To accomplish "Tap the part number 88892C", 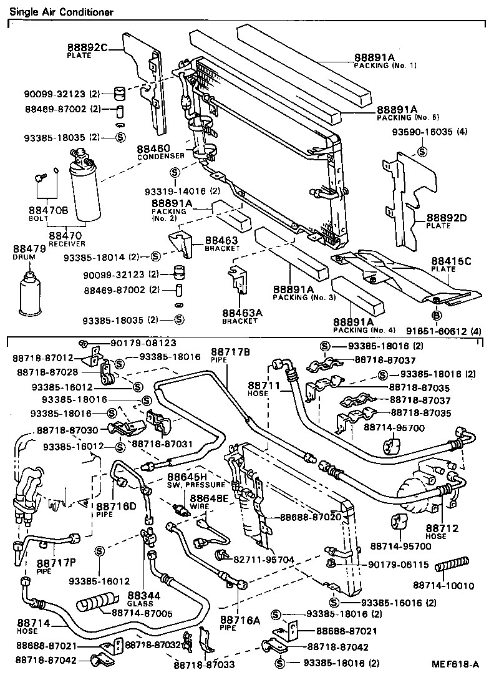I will pos(88,47).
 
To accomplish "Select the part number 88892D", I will pos(447,218).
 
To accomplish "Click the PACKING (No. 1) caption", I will pos(385,66).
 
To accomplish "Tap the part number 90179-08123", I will pos(134,342).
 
